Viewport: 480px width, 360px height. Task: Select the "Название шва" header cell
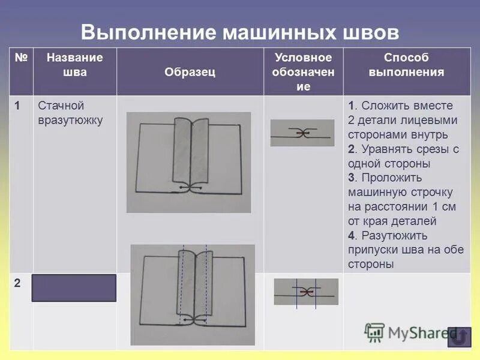[x=74, y=65]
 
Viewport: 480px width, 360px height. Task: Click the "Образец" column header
[x=190, y=72]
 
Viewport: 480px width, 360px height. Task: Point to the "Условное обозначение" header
[x=304, y=72]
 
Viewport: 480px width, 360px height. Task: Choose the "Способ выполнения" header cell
[x=406, y=65]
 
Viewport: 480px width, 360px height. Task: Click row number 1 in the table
[x=18, y=106]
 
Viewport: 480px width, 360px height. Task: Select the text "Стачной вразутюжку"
[x=70, y=113]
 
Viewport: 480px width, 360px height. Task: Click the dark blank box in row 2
[x=74, y=288]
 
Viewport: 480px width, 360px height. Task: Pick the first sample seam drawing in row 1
[x=188, y=162]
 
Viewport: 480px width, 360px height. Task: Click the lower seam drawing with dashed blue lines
[x=193, y=295]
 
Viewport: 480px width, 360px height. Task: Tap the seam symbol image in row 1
[x=302, y=133]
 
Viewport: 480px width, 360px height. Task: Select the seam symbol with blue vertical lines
[x=306, y=292]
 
